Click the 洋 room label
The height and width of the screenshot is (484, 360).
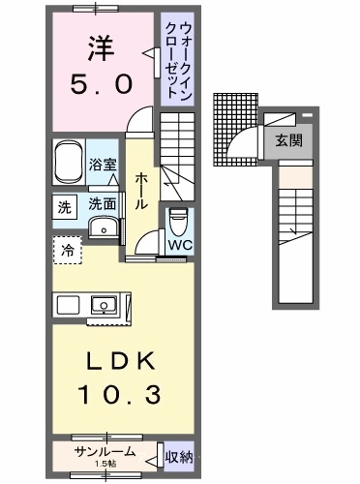[101, 48]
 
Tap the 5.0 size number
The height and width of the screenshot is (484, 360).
[102, 84]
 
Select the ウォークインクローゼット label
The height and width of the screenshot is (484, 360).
[178, 59]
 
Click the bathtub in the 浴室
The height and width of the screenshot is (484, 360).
[68, 162]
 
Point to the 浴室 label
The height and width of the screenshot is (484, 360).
[103, 165]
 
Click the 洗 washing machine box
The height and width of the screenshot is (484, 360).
[65, 207]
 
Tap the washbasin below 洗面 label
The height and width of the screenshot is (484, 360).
[104, 227]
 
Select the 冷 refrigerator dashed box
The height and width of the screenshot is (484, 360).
[68, 250]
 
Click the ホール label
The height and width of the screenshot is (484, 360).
[141, 191]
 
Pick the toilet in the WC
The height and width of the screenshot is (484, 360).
[178, 222]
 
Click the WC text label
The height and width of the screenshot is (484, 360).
[180, 245]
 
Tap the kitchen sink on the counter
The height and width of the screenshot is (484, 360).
[104, 305]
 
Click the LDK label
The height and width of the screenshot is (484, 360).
[121, 361]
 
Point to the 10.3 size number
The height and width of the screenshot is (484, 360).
[119, 395]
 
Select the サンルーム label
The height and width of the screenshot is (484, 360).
[105, 452]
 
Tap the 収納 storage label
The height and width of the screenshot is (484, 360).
[179, 457]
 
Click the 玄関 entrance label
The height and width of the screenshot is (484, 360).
[289, 140]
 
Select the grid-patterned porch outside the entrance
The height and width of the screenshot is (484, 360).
[235, 130]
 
